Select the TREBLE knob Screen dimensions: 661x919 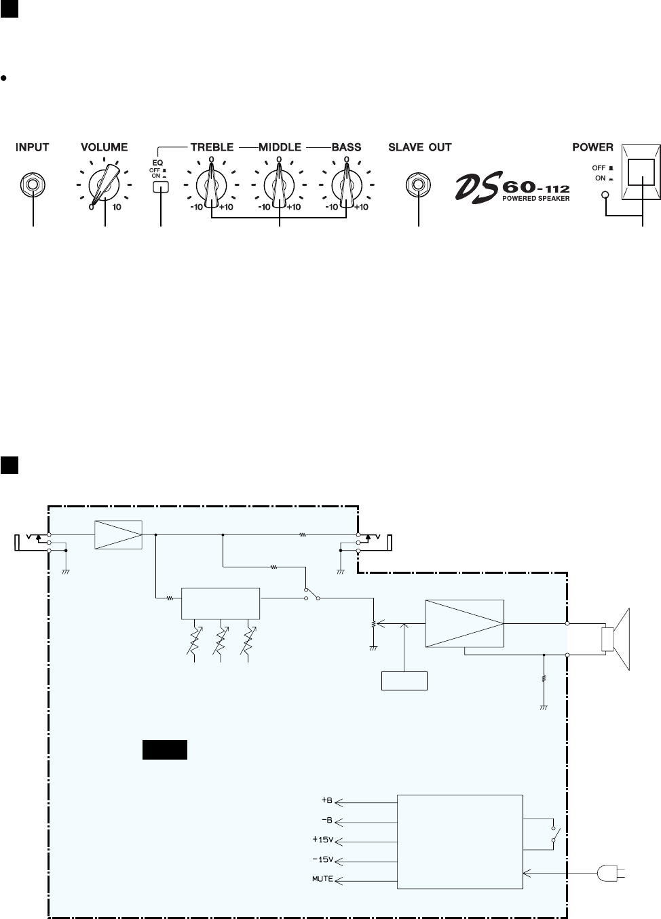(211, 184)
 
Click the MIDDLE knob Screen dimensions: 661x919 (278, 184)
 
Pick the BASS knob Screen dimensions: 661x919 (346, 184)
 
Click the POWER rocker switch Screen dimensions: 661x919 (642, 174)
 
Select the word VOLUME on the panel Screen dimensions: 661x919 (104, 146)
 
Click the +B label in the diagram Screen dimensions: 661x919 (326, 800)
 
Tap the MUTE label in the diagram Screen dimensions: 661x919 (322, 879)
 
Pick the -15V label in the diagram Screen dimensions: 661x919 (323, 859)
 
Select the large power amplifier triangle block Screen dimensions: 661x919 (465, 623)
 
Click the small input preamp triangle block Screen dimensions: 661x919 (118, 534)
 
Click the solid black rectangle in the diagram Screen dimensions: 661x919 (164, 750)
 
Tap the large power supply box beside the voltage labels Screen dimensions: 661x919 (460, 841)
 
